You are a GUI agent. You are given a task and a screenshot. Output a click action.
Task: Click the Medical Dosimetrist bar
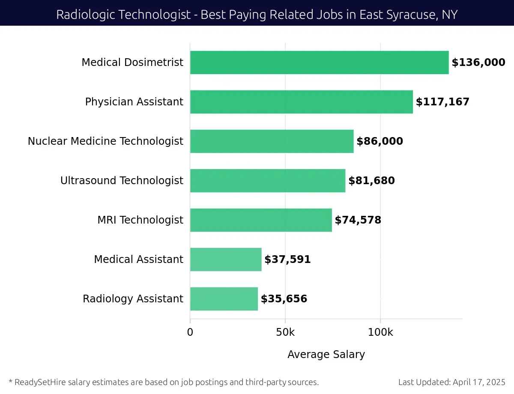pos(319,63)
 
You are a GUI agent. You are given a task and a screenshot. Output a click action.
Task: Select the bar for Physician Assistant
pos(301,102)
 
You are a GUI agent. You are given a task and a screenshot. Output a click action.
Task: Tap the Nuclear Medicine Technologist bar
pos(272,141)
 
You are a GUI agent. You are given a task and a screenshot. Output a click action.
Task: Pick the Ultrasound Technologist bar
pos(267,181)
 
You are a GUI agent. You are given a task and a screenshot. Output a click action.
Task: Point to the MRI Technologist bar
pos(261,220)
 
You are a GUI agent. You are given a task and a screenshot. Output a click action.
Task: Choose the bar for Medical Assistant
pos(226,260)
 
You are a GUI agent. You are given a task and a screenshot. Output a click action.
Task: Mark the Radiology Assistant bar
pos(224,299)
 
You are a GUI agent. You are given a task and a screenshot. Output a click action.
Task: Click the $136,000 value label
pos(478,63)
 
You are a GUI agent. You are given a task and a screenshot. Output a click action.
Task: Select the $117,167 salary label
pos(442,102)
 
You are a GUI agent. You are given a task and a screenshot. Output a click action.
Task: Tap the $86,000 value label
pos(380,141)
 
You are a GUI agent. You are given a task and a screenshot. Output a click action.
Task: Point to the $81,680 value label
pos(371,181)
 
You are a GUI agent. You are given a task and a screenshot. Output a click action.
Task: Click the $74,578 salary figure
pos(358,220)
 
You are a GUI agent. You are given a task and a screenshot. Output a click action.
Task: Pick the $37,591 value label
pos(287,260)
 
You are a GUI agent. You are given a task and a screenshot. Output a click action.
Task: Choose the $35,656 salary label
pos(284,299)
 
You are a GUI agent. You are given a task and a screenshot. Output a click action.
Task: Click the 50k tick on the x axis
pos(285,333)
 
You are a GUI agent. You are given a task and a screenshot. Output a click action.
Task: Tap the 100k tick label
pos(380,333)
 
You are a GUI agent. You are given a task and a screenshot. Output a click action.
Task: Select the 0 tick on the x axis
pos(190,333)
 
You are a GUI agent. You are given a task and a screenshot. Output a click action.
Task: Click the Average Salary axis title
pos(326,355)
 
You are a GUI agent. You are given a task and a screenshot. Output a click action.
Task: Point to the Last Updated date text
pos(451,382)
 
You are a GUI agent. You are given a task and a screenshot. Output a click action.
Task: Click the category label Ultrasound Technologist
pos(122,181)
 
